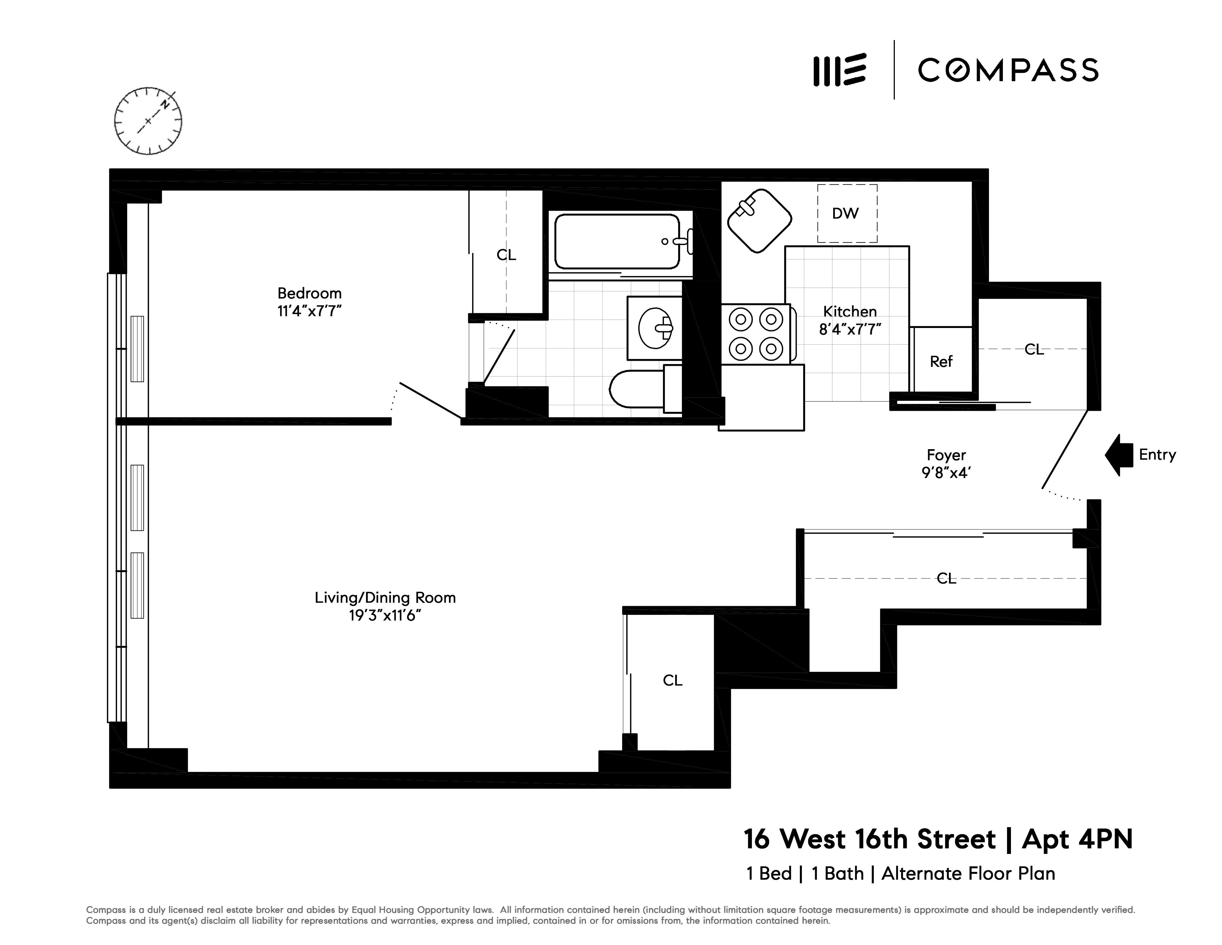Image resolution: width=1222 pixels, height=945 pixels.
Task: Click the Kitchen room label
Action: tap(849, 311)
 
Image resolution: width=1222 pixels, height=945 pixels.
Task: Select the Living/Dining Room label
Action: tap(385, 598)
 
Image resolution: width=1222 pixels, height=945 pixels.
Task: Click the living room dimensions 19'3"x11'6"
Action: tap(385, 616)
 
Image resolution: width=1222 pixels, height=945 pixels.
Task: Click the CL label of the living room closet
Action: tap(673, 680)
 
